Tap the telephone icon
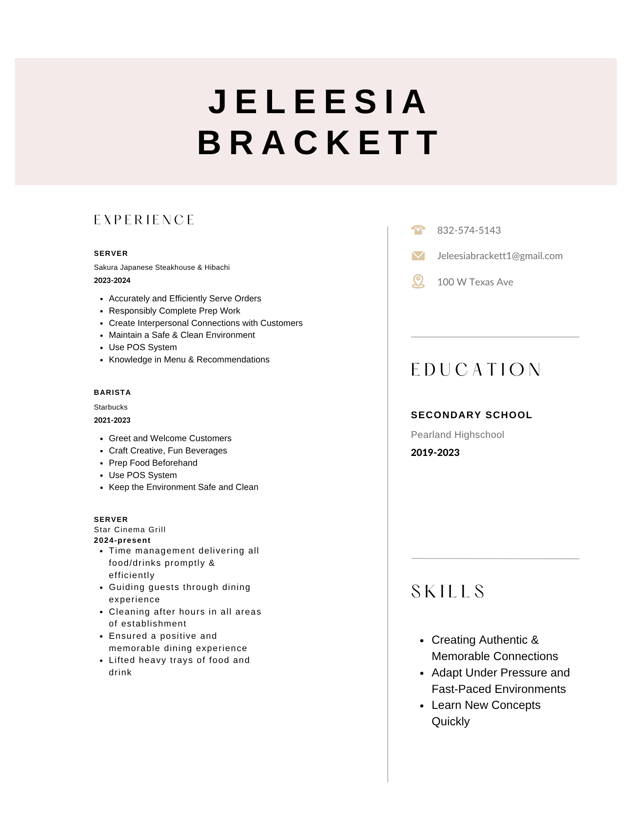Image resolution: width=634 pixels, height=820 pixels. tap(418, 230)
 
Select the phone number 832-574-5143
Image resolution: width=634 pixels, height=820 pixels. tap(469, 230)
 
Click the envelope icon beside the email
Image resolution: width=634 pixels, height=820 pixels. tap(418, 256)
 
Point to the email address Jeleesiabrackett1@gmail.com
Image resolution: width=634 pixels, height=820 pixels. tap(499, 256)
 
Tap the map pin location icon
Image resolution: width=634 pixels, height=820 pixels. tap(418, 282)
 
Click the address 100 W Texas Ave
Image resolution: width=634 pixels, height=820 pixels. tap(475, 282)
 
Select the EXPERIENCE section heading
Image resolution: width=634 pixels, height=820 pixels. tap(144, 220)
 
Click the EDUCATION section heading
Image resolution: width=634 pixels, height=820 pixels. tap(476, 369)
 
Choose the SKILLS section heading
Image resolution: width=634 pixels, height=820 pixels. tap(448, 592)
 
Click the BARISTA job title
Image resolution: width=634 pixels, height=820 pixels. tap(112, 392)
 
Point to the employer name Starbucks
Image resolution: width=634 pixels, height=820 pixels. tap(111, 407)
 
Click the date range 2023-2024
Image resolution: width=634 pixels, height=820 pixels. tap(112, 280)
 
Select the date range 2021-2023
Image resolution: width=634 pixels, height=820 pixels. tap(112, 420)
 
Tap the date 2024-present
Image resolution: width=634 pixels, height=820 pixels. tap(122, 540)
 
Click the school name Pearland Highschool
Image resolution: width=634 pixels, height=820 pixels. tap(457, 435)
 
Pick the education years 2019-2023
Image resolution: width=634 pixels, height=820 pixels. tap(435, 453)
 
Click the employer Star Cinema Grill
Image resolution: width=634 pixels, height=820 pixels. tap(130, 530)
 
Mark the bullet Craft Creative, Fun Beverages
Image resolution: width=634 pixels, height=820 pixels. tap(167, 451)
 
